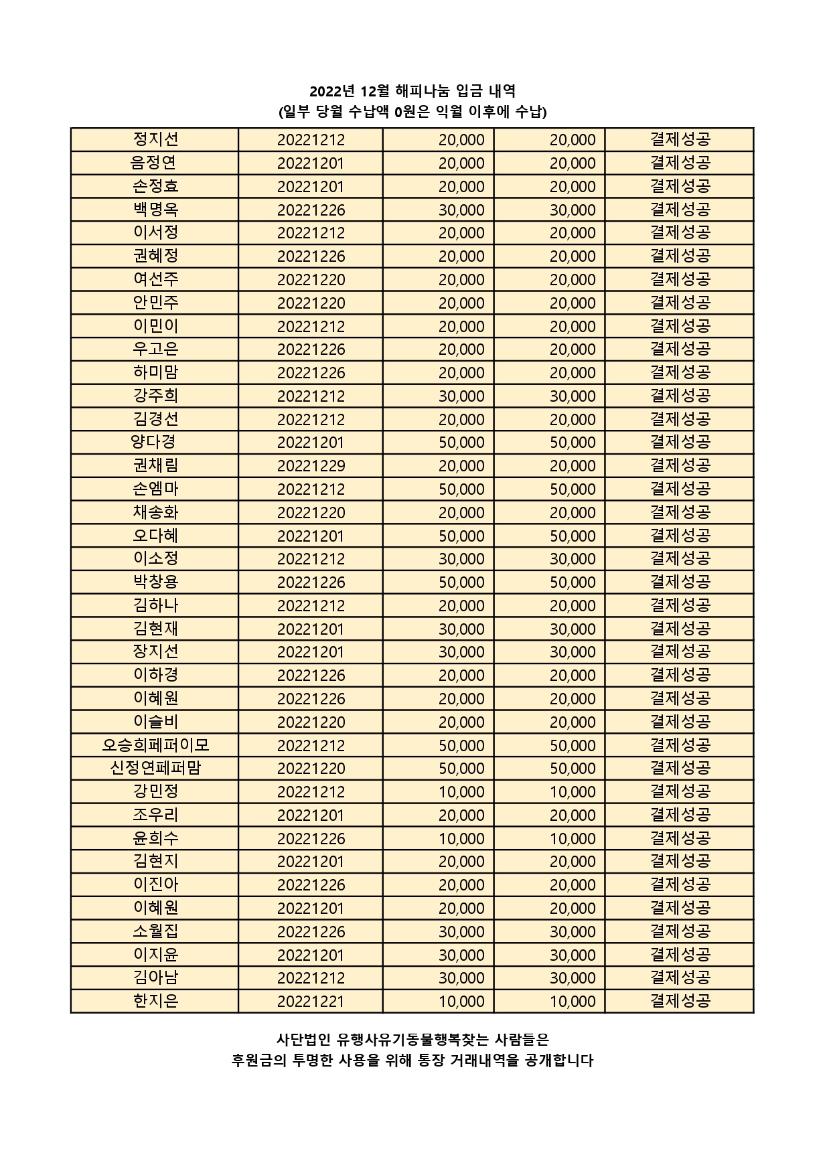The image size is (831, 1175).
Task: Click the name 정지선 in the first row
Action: coord(155,139)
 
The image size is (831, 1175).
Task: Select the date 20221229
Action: coord(311,466)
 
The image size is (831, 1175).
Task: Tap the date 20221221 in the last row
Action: coord(311,1002)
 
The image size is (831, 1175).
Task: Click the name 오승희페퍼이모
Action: coord(155,745)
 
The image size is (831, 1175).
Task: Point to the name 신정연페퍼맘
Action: coord(155,769)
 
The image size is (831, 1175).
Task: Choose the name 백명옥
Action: coord(155,210)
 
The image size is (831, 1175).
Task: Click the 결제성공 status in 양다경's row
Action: coord(680,443)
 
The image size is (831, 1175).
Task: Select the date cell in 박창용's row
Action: coord(311,582)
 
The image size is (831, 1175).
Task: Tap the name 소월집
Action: coord(155,931)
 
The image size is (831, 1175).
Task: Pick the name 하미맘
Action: coord(155,372)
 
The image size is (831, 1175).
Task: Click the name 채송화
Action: coord(155,512)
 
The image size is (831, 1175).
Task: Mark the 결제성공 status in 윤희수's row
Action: coord(680,838)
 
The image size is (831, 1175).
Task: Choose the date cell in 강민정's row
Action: coord(311,792)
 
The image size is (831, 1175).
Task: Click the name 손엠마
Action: coord(155,489)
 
